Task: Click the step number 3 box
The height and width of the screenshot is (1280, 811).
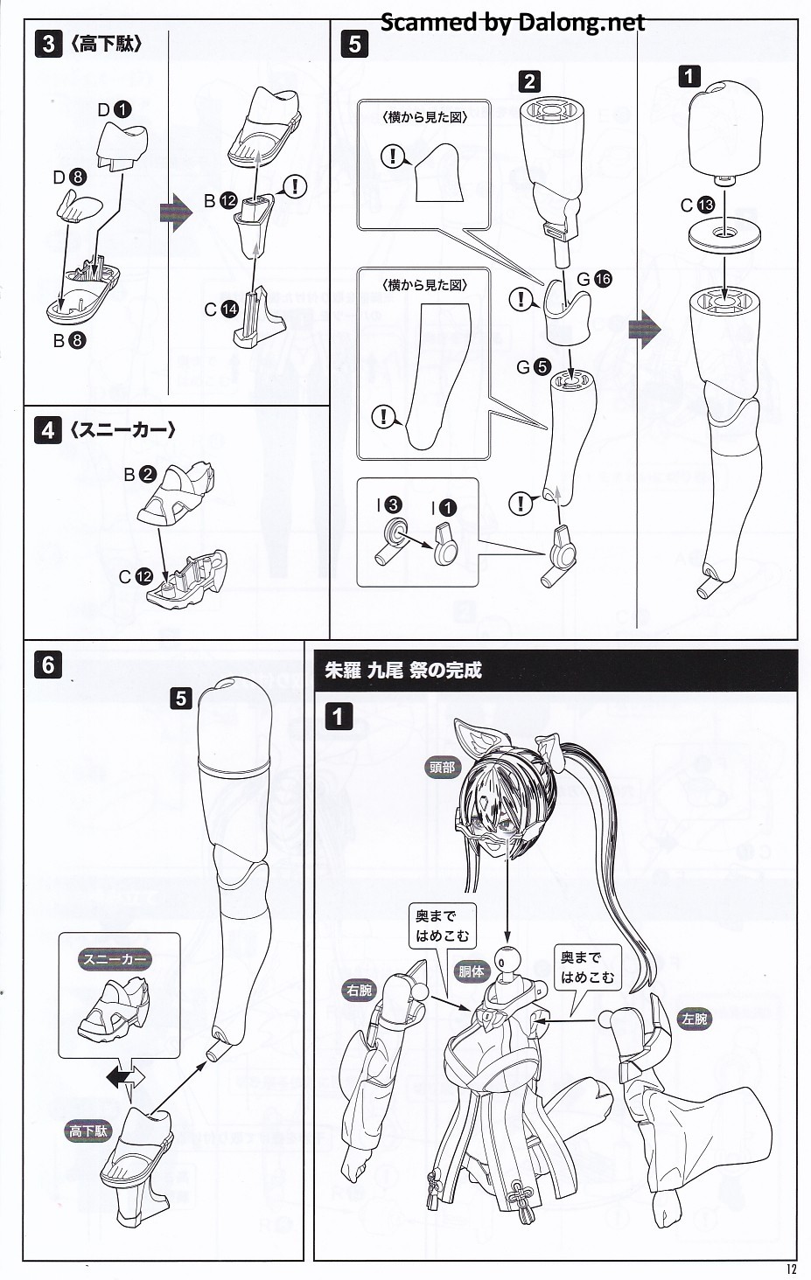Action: tap(49, 44)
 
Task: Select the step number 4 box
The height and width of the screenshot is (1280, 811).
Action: tap(47, 430)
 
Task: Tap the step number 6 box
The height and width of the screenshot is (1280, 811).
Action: tap(48, 664)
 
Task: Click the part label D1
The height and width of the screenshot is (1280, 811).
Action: tap(114, 109)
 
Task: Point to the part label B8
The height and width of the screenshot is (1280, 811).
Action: tap(69, 340)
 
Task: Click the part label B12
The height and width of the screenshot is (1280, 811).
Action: tap(220, 201)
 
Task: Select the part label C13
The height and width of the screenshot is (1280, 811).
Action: tap(697, 205)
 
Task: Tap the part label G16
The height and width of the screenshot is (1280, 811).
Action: tap(593, 279)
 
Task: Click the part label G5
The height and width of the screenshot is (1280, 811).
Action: tap(533, 367)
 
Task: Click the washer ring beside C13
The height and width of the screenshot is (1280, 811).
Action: tap(724, 233)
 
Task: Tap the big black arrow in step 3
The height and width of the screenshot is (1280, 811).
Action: tap(176, 213)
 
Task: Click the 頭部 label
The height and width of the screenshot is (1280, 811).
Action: tap(443, 768)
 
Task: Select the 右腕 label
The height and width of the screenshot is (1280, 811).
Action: tap(359, 990)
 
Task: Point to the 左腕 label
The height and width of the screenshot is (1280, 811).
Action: tap(695, 1019)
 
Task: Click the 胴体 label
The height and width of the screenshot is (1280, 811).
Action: tap(472, 970)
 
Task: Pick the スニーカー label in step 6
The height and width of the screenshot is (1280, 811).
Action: tap(115, 959)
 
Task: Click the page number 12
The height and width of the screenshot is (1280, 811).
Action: tap(791, 1270)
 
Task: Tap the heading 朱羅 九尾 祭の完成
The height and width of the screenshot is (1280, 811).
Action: tap(403, 671)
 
